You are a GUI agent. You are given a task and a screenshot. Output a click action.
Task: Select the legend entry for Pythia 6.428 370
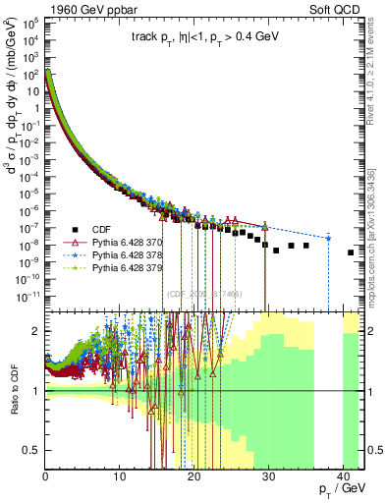(124, 239)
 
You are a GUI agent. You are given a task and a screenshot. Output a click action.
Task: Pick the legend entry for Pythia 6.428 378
(124, 252)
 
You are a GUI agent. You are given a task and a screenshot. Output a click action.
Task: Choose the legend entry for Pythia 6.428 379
(124, 266)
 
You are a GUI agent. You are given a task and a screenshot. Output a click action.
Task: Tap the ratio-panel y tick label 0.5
(31, 450)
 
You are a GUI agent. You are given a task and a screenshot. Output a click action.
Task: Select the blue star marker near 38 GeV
(328, 238)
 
